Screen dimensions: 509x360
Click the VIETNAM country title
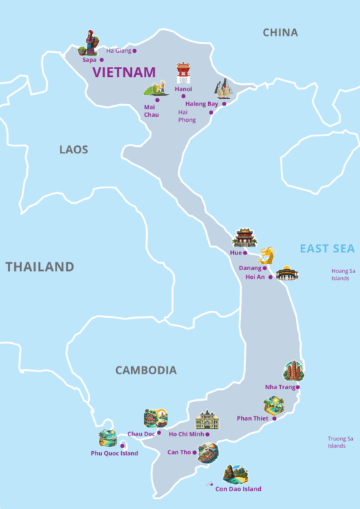[x=124, y=72]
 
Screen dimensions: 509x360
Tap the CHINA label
[x=280, y=32]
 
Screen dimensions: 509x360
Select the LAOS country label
[x=73, y=150]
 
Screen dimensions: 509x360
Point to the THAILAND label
[x=40, y=267]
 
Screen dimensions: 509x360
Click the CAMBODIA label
[x=145, y=370]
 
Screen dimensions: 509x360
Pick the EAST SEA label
[x=326, y=248]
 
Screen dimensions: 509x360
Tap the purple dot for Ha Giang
[x=134, y=51]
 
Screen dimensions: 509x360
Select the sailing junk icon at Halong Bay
[x=223, y=88]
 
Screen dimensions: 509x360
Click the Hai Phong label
[x=187, y=116]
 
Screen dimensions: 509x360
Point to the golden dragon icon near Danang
[x=266, y=255]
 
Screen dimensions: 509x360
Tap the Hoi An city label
[x=254, y=277]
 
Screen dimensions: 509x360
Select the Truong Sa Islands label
[x=340, y=442]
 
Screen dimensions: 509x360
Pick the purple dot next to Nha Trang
[x=298, y=387]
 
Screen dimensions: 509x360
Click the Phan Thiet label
[x=252, y=418]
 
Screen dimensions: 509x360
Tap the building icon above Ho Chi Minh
[x=207, y=420]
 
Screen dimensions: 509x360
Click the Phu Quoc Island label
[x=114, y=453]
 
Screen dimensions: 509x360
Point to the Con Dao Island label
[x=238, y=489]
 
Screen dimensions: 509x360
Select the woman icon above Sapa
[x=90, y=42]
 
